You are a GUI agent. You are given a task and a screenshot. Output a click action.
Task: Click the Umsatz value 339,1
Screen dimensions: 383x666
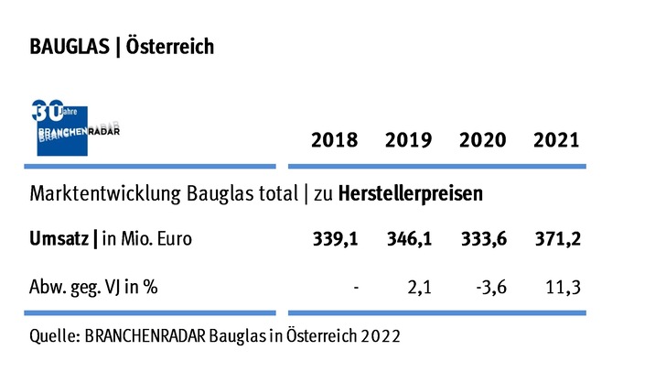[335, 239]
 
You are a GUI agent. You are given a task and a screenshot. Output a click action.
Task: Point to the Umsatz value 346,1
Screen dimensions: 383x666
[409, 239]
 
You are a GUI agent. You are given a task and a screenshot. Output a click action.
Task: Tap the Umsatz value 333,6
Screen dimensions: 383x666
[483, 239]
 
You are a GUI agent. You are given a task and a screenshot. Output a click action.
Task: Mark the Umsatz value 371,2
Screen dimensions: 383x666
[556, 239]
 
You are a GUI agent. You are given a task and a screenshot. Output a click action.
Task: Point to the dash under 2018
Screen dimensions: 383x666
[355, 286]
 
